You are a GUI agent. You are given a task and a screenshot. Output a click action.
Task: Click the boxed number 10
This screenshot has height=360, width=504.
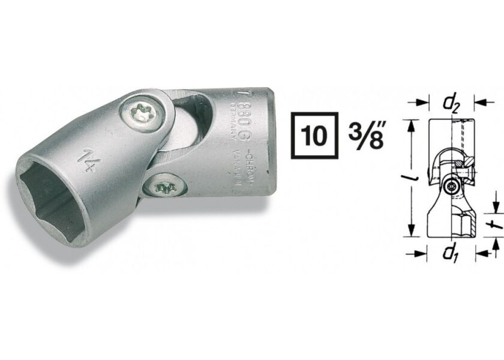[314, 136]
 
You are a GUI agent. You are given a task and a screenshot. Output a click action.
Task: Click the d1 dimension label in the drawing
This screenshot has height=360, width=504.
[450, 254]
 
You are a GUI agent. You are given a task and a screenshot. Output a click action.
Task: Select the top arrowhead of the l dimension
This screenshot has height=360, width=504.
[412, 124]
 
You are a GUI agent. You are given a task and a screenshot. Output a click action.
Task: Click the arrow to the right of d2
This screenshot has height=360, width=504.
[480, 103]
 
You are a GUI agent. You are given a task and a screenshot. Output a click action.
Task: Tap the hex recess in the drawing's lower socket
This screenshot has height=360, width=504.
[465, 224]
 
